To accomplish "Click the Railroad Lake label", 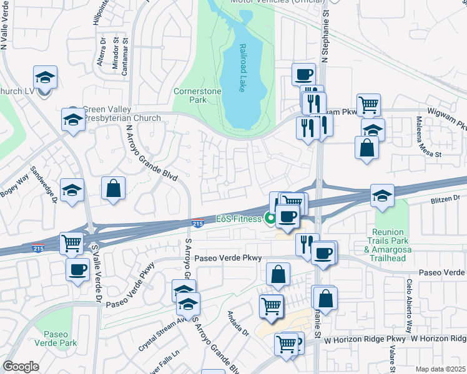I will tap(241, 68).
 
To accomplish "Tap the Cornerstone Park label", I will tap(197, 95).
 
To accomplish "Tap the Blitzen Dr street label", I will tap(445, 198).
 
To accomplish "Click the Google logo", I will tap(21, 367).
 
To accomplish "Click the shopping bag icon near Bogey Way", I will tap(114, 189).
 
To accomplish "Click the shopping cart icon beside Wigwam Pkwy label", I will tap(369, 105).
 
